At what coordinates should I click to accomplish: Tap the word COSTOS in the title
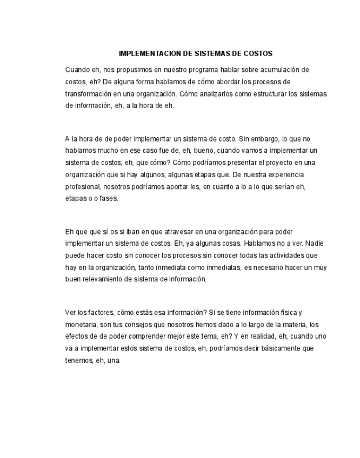click(x=258, y=54)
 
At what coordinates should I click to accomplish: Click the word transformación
click(x=89, y=93)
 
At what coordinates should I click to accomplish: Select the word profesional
click(x=82, y=186)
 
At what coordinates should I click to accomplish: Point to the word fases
click(x=108, y=198)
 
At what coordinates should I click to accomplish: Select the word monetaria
click(x=81, y=325)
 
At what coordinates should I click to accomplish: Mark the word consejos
click(x=144, y=325)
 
